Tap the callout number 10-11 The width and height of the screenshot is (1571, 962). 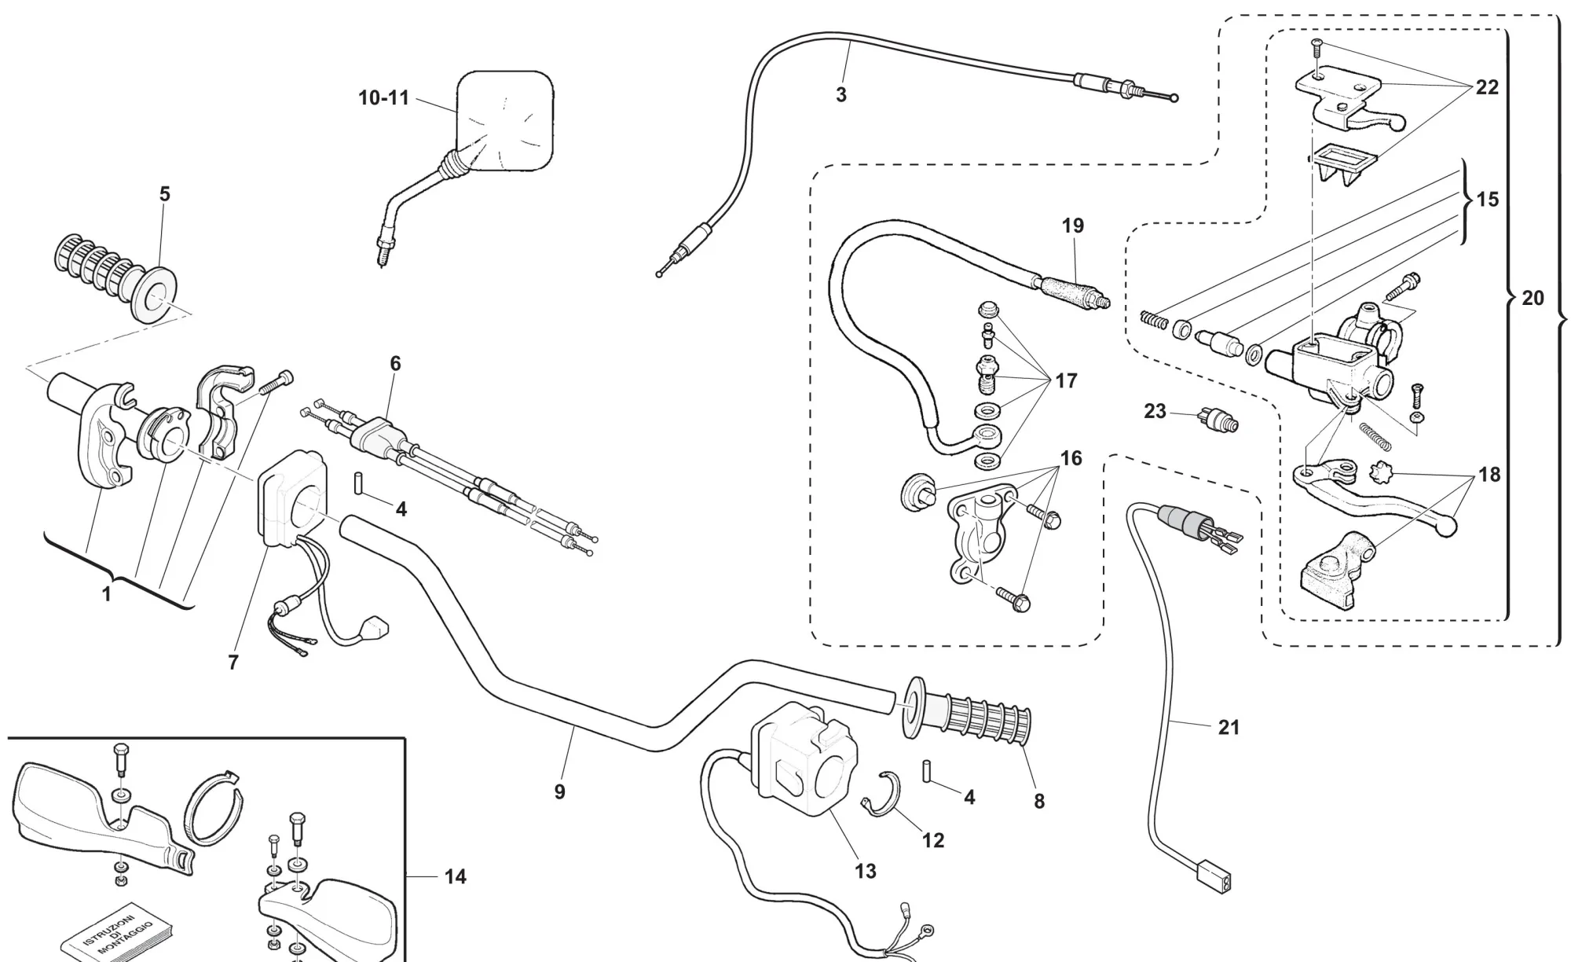(x=384, y=98)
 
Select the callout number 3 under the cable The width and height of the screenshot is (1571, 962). (x=841, y=95)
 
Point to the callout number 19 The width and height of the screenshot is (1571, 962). (x=1073, y=226)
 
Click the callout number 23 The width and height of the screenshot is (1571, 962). (x=1155, y=411)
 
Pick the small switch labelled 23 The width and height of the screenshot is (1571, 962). (x=1218, y=421)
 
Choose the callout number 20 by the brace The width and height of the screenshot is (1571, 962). (x=1533, y=298)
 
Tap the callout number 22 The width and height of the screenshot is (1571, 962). (x=1487, y=87)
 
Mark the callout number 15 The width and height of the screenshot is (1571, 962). (x=1487, y=199)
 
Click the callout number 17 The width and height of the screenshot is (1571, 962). (x=1066, y=381)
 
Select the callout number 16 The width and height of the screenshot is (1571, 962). (x=1071, y=458)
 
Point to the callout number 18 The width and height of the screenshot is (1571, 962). (x=1489, y=474)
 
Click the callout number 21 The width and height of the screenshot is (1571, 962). (x=1229, y=728)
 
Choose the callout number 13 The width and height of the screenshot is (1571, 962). (x=865, y=871)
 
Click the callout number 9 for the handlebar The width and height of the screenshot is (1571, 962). (x=559, y=791)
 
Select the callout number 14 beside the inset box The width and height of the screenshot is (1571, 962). (x=456, y=876)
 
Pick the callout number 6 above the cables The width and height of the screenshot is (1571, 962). (x=395, y=363)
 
